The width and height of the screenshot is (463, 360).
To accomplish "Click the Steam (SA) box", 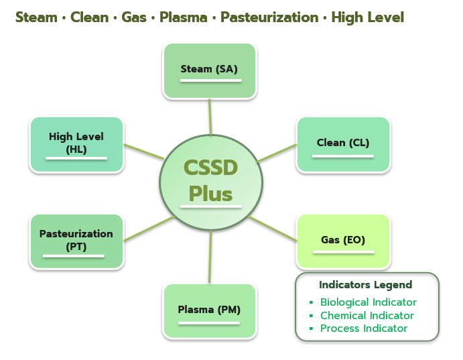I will pyautogui.click(x=210, y=70).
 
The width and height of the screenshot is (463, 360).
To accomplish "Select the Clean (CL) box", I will pyautogui.click(x=343, y=144).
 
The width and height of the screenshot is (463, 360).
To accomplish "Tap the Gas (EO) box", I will pyautogui.click(x=343, y=241).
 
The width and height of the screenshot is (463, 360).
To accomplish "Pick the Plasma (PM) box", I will pyautogui.click(x=209, y=310).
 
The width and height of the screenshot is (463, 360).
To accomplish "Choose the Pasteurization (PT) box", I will pyautogui.click(x=76, y=241).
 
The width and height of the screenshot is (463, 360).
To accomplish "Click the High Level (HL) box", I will pyautogui.click(x=76, y=144).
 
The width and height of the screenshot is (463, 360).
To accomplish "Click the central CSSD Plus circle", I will pyautogui.click(x=210, y=182).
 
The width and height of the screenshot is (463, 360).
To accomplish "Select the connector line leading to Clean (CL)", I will pyautogui.click(x=277, y=153).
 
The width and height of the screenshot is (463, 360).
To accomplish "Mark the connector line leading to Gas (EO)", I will pyautogui.click(x=273, y=229).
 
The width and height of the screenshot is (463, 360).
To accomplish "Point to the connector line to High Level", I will pyautogui.click(x=144, y=151).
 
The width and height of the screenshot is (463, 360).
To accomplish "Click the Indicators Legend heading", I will pyautogui.click(x=365, y=285).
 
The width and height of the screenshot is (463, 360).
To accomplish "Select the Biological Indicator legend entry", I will pyautogui.click(x=368, y=302).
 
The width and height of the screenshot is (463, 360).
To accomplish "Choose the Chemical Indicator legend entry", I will pyautogui.click(x=367, y=316).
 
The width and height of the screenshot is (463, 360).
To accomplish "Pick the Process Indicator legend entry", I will pyautogui.click(x=363, y=328).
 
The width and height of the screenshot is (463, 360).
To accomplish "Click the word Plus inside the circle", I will pyautogui.click(x=210, y=194).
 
